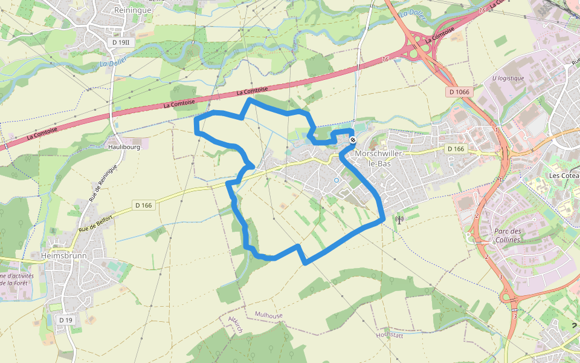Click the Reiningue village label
(132, 10)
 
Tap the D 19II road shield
(121, 42)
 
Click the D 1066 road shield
(459, 92)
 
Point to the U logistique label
(507, 79)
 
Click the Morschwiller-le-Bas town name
(378, 159)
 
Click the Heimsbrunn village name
(64, 256)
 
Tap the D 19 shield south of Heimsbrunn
(65, 319)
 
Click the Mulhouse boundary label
(268, 315)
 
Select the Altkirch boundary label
(234, 324)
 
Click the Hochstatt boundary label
(389, 334)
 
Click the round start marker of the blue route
(352, 140)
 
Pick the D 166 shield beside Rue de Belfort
(143, 205)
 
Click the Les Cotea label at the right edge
(563, 175)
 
